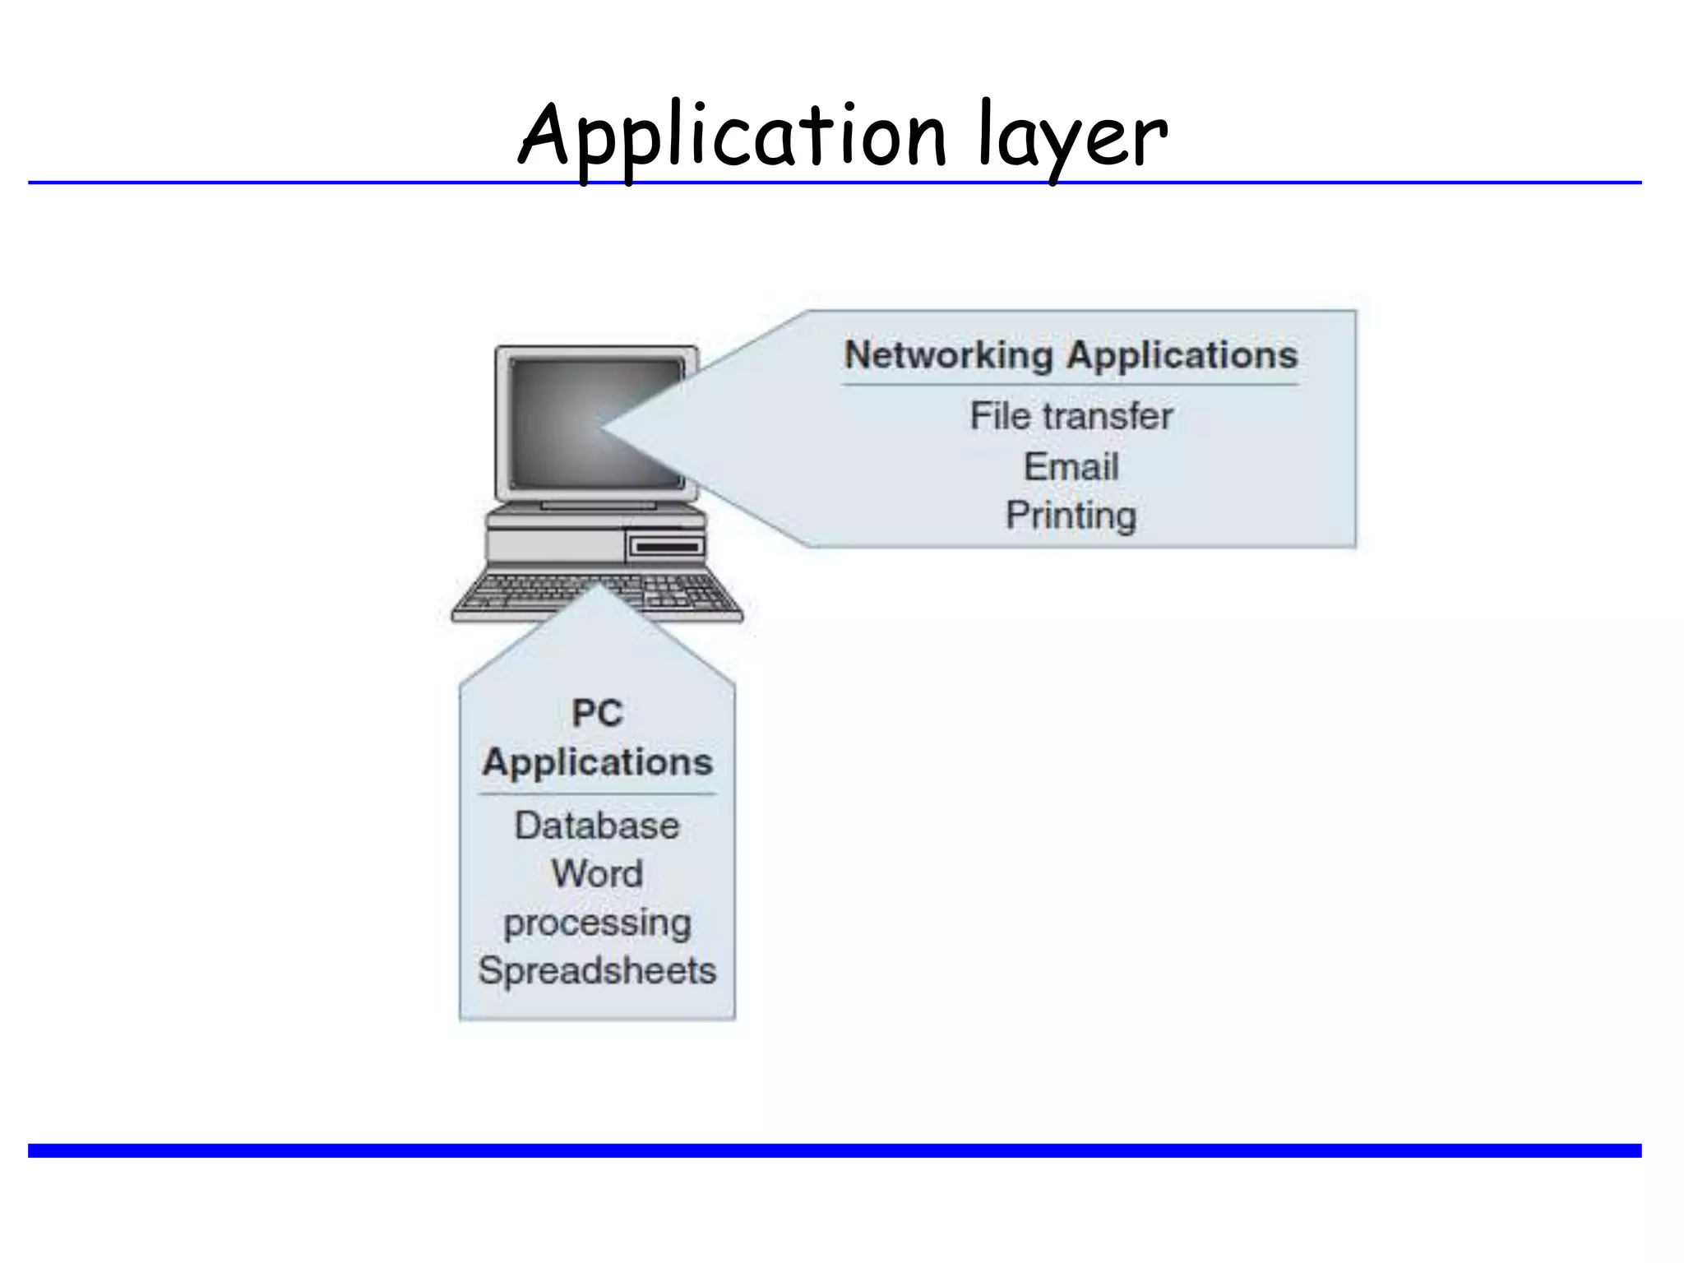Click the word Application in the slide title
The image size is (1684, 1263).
(732, 136)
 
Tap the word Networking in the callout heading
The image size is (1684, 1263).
(948, 355)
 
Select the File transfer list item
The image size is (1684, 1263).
(1071, 416)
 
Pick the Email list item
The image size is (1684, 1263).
(1071, 467)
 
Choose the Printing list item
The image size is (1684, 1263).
(1071, 516)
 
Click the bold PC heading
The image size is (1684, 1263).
(597, 712)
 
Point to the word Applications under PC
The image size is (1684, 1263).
(597, 762)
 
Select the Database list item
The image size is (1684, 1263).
(597, 826)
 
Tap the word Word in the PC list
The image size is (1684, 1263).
(597, 873)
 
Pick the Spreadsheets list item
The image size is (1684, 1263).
(597, 971)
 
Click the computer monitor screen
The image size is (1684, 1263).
(559, 423)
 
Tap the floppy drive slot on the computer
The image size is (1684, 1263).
(667, 547)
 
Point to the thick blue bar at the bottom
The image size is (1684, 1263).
(834, 1150)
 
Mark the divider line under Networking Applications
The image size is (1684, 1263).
(1071, 384)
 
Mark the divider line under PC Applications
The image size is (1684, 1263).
(597, 793)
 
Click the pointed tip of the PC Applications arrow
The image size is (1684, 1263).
(598, 586)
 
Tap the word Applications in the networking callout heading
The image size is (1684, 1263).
(1182, 355)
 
